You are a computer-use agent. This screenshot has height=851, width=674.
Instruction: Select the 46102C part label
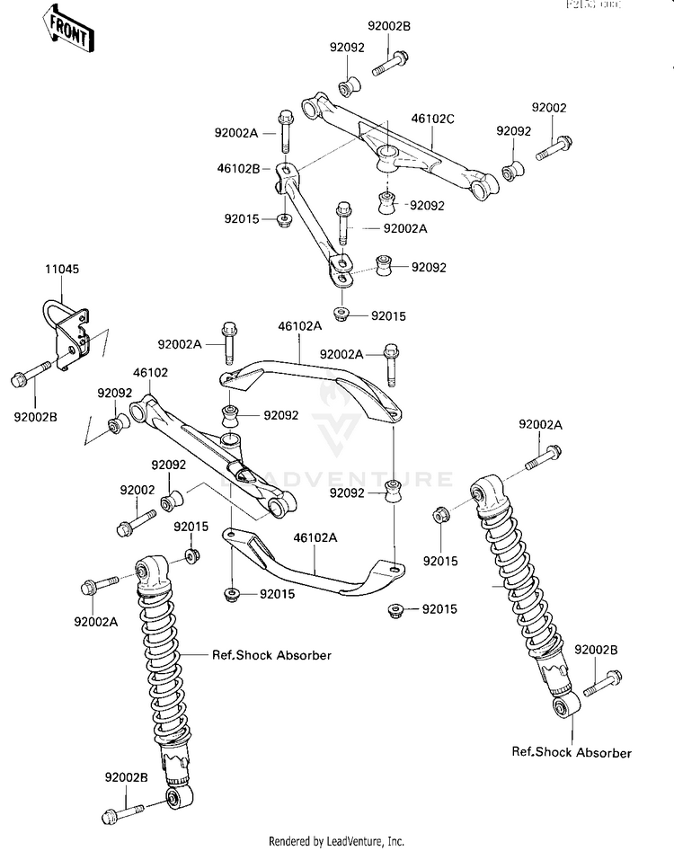(432, 118)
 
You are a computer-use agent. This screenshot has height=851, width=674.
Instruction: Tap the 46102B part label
(238, 167)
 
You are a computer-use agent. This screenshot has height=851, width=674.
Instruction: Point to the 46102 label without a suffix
(150, 371)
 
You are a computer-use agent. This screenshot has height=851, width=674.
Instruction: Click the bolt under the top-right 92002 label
(554, 146)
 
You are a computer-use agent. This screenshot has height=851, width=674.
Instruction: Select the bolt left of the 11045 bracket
(32, 375)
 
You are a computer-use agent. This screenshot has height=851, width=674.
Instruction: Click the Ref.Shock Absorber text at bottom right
(572, 752)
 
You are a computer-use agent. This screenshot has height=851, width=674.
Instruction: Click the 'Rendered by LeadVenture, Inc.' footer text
(337, 841)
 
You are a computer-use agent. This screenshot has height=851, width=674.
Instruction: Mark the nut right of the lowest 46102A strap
(395, 611)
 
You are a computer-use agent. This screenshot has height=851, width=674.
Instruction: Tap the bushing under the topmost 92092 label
(348, 87)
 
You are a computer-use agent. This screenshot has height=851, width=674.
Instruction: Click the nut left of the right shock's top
(441, 516)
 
